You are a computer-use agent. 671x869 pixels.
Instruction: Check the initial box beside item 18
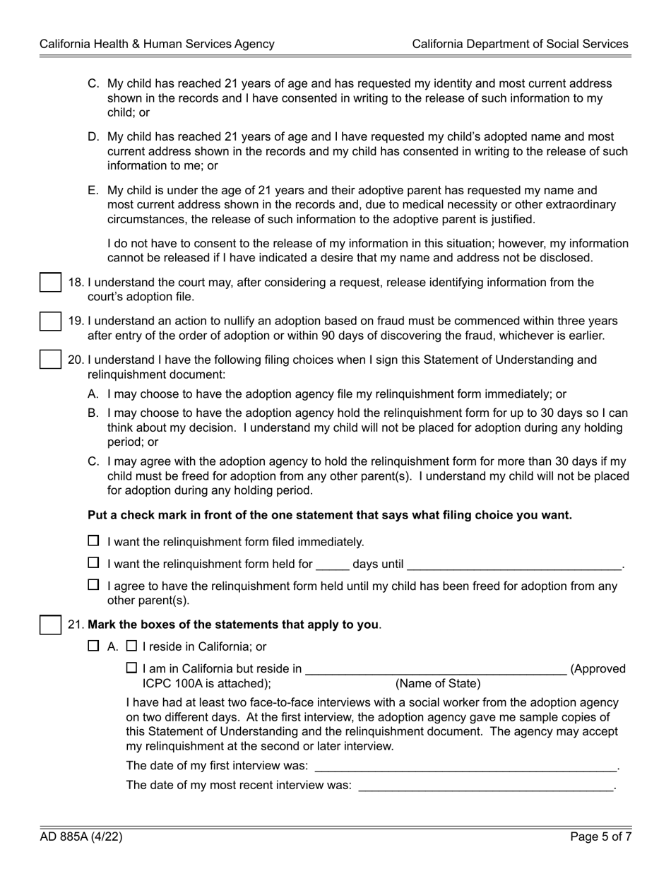click(49, 283)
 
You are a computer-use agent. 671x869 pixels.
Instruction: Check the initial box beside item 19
click(49, 321)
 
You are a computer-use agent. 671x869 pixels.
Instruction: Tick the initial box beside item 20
click(49, 360)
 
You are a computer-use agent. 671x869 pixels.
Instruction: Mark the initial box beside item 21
click(49, 625)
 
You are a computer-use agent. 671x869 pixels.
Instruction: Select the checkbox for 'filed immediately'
click(93, 541)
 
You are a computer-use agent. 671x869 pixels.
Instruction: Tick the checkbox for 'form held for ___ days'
click(93, 563)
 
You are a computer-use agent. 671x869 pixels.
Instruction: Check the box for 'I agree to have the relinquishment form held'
click(93, 585)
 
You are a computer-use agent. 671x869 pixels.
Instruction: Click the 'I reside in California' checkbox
click(131, 646)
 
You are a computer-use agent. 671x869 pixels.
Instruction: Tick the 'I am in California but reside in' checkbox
click(131, 668)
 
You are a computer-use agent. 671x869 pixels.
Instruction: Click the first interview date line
click(465, 767)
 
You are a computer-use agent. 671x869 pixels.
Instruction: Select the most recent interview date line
click(487, 787)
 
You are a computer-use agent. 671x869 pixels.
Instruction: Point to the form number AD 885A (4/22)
click(81, 837)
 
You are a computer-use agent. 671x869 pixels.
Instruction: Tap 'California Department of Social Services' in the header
click(520, 44)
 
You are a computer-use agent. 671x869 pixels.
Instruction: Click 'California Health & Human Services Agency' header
click(157, 44)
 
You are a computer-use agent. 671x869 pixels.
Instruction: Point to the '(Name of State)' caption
click(438, 684)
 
